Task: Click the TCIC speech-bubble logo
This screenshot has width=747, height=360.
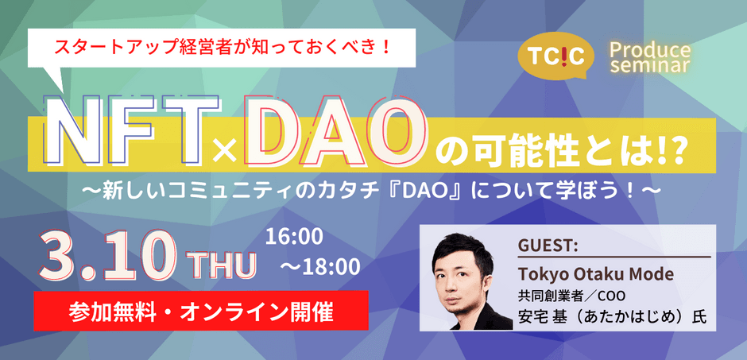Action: pos(556,56)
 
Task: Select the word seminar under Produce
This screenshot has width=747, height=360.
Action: pos(650,66)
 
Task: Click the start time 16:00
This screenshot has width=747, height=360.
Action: pos(294,237)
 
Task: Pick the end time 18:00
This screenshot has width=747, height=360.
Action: pos(323,268)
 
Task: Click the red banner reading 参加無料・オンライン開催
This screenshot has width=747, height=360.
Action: pos(201,310)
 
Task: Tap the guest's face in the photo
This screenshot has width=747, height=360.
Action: pos(463,281)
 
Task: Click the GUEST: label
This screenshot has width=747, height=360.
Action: pos(547,246)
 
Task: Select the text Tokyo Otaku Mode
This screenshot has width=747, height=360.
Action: pos(595,275)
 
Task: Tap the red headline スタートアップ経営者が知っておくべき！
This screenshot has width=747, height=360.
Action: pos(223,47)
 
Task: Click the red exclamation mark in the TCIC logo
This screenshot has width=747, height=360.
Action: pos(556,56)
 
